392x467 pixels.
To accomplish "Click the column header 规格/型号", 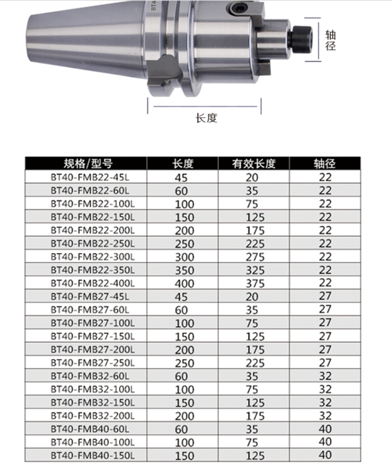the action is [x=88, y=163].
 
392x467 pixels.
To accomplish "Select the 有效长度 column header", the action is [x=254, y=163].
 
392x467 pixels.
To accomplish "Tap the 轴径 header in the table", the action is [x=324, y=163].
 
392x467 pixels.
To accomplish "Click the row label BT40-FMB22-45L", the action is [x=90, y=178].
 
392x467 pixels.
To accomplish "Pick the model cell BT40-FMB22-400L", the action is [x=93, y=283].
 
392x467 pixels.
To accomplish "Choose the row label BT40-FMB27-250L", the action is [x=93, y=363].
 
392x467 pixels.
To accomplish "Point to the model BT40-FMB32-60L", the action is [x=90, y=376].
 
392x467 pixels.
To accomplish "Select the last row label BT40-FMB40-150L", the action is [x=93, y=456].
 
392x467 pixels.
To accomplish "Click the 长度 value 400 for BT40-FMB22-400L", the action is [x=185, y=283].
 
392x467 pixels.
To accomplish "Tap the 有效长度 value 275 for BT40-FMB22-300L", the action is [x=255, y=257].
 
